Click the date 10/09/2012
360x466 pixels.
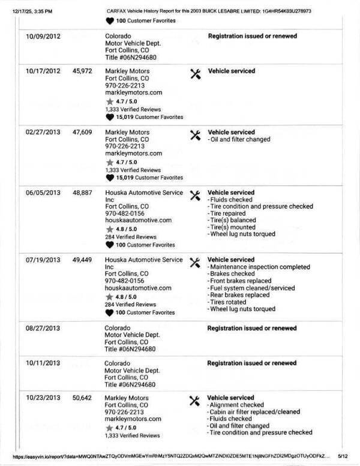tap(43, 36)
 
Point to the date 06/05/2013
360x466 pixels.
tap(43, 193)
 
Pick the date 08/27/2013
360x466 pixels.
tap(43, 328)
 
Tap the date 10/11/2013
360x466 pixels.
tap(43, 363)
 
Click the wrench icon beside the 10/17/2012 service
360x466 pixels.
tap(195, 73)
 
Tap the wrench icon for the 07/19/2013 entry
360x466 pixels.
tap(195, 262)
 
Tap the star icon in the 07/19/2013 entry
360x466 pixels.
tap(109, 297)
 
